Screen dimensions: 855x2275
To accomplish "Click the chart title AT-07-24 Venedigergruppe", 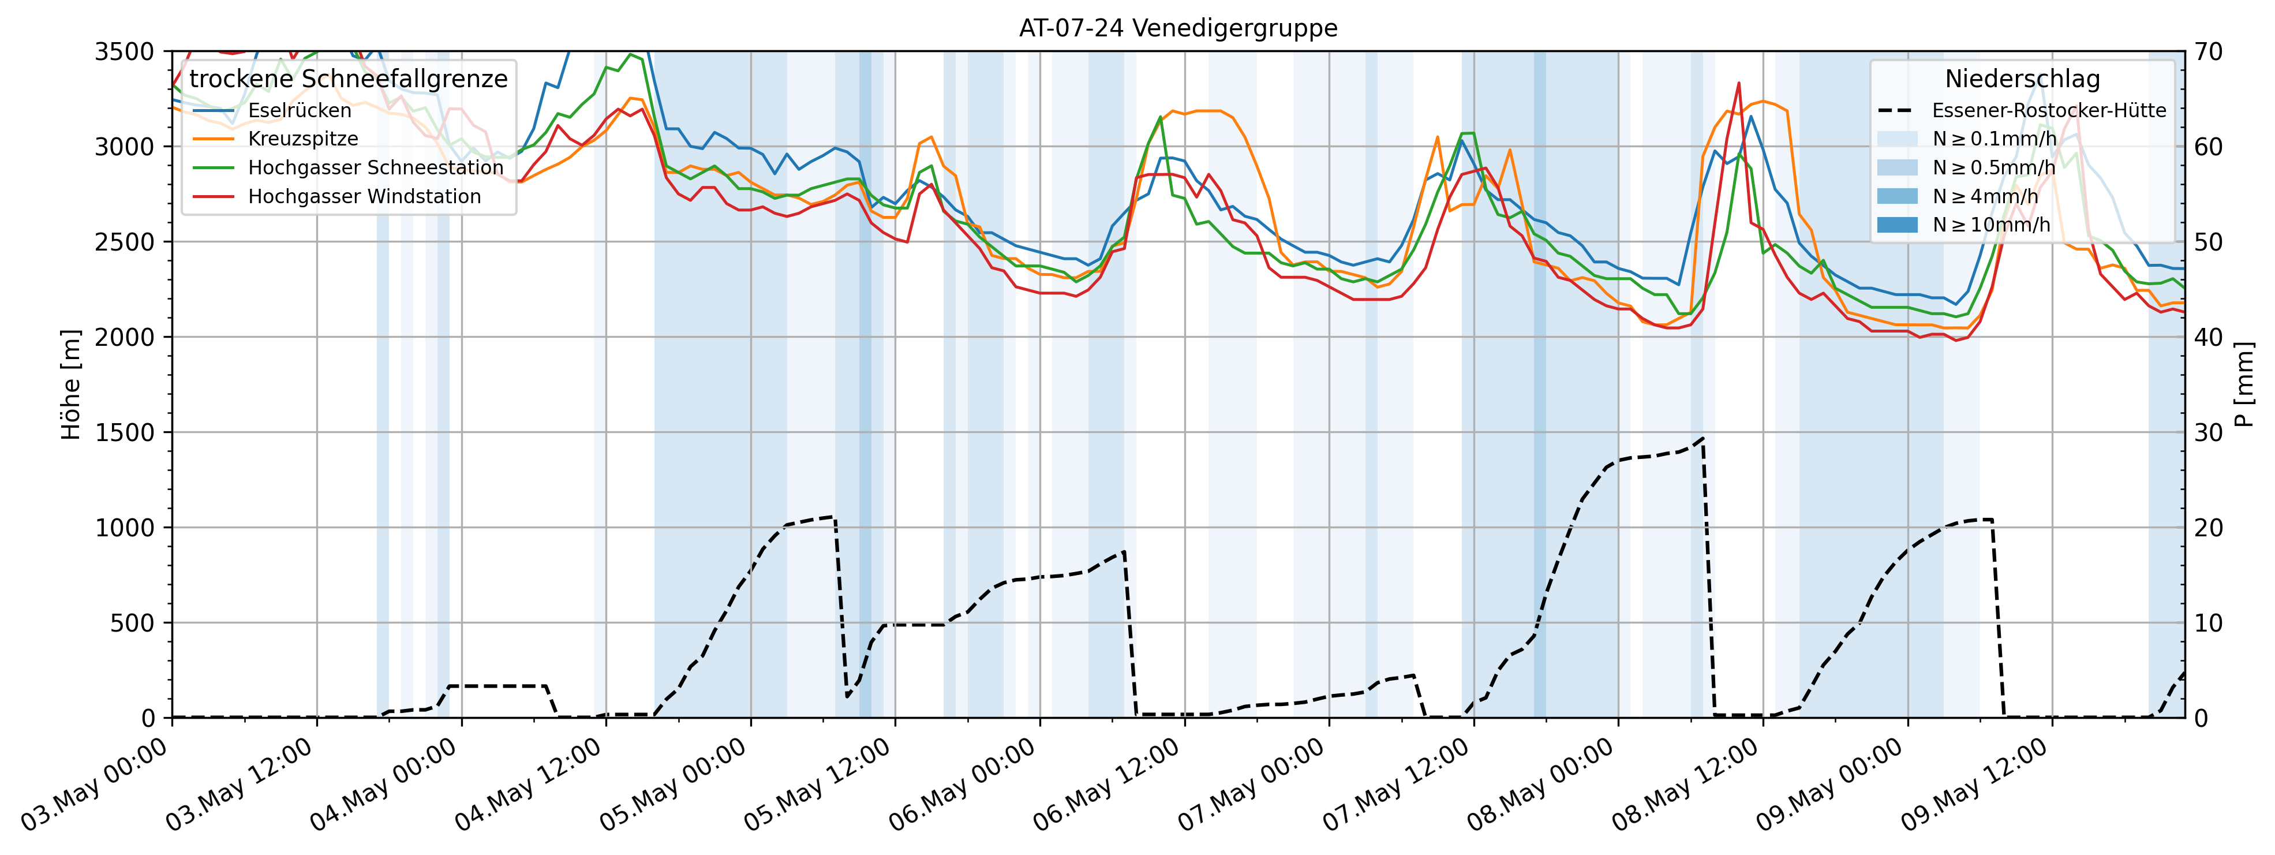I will [x=1177, y=28].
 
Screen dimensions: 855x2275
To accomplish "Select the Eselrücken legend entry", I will [x=300, y=110].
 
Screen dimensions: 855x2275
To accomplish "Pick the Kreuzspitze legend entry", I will [x=303, y=139].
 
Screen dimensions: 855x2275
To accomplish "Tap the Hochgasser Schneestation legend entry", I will [x=375, y=168].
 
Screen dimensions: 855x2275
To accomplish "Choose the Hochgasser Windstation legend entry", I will [x=364, y=196].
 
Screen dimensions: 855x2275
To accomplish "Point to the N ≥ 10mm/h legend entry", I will [x=1990, y=225].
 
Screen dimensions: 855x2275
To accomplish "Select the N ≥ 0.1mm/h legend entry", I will [x=1994, y=139].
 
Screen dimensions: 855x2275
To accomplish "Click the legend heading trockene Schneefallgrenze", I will [x=348, y=79].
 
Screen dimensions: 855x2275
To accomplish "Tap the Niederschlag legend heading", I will [x=2022, y=79].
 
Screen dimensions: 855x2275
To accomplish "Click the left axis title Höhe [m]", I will [x=70, y=384].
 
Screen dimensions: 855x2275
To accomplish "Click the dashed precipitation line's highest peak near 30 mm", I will [x=1702, y=437].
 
